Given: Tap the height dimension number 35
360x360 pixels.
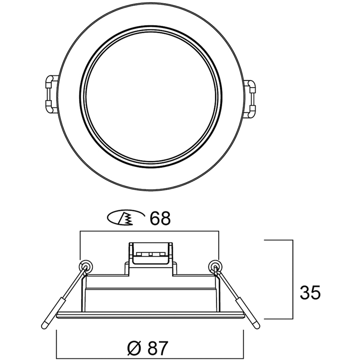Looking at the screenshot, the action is (x=310, y=292).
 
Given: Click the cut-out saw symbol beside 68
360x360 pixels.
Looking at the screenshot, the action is (x=126, y=217).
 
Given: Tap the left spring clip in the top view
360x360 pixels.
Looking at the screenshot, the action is (x=51, y=94).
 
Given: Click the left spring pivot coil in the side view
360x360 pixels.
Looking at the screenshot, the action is (x=86, y=267).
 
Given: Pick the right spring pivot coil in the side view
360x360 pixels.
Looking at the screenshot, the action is (x=215, y=267).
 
